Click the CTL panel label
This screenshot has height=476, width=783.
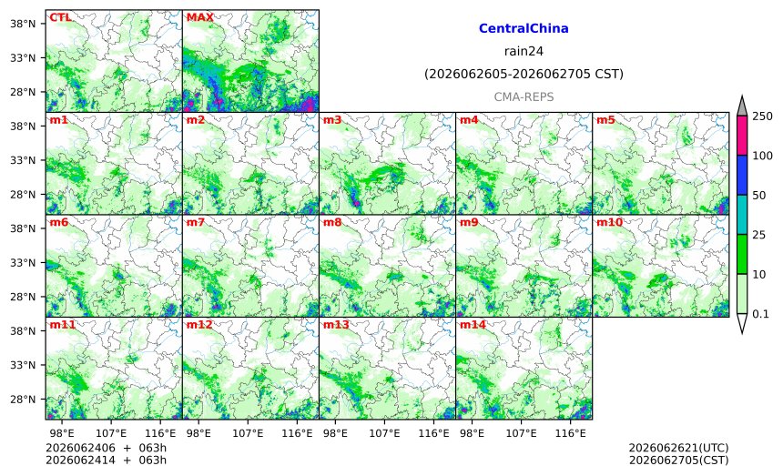(60, 17)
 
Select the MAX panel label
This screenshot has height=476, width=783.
(199, 17)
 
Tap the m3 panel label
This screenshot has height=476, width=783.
(332, 120)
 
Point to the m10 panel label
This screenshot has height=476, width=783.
(609, 223)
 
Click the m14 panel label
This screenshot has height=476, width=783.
(473, 325)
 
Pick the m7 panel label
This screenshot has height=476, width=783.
(195, 223)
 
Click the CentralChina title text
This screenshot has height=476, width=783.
(524, 28)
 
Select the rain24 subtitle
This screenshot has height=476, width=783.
(524, 51)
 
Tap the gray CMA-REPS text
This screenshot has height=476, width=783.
(524, 96)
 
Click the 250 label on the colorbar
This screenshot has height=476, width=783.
(763, 116)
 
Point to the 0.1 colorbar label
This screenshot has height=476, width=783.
(760, 314)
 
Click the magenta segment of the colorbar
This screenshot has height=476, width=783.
(742, 136)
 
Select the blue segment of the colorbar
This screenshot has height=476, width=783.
(742, 175)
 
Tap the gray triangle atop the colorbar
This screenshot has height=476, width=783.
(742, 106)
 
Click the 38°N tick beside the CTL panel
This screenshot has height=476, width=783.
(23, 24)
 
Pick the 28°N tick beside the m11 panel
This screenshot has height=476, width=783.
(23, 400)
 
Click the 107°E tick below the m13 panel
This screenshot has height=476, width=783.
(384, 433)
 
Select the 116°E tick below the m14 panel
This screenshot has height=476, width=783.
(570, 433)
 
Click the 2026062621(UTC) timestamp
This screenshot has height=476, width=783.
(678, 448)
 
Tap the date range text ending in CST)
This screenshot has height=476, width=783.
(524, 75)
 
